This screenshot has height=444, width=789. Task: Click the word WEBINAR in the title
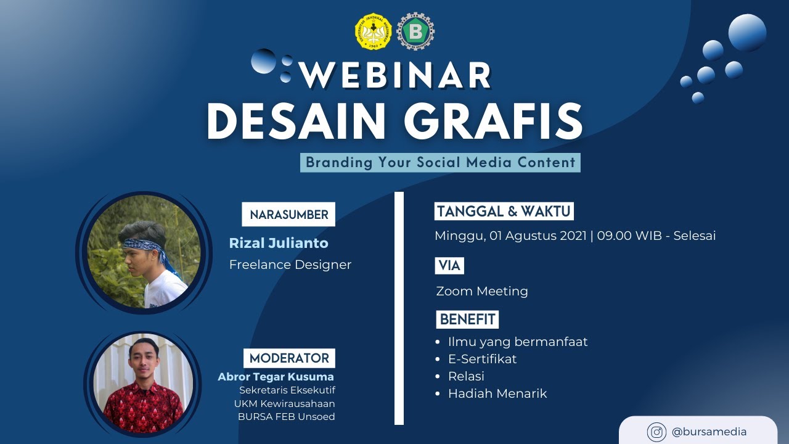395,75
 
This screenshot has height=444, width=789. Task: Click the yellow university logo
373,31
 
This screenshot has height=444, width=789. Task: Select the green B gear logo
415,31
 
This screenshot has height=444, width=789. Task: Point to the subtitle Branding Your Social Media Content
440,163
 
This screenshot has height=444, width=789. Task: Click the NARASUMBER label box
288,215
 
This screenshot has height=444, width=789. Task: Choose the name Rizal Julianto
279,243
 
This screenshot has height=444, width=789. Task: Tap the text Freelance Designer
290,265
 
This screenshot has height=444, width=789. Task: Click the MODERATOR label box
289,358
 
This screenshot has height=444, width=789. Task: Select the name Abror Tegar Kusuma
276,376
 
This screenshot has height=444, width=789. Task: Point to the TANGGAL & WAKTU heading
504,212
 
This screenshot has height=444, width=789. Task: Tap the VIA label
449,266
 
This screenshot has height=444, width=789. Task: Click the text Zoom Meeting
481,291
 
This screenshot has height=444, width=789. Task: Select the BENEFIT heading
467,319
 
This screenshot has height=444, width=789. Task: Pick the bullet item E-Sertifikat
482,359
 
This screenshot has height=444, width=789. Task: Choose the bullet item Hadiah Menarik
497,393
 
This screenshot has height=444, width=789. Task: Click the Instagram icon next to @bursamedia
656,432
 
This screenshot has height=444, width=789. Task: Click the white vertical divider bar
399,308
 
